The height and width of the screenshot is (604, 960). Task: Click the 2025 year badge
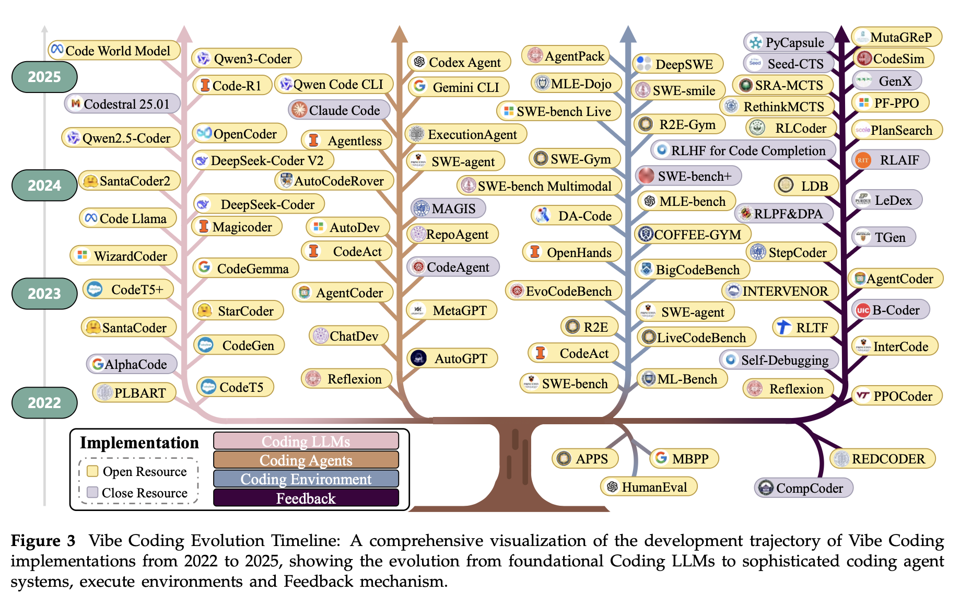coord(44,77)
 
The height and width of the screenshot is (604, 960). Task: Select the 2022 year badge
coord(44,402)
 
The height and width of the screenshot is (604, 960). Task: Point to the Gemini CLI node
coord(459,87)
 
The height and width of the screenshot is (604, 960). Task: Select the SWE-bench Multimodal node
coord(540,186)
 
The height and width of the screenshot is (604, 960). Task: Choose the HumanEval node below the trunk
coord(649,487)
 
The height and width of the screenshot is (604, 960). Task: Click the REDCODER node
coord(882,459)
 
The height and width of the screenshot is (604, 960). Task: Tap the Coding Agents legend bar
coord(306,460)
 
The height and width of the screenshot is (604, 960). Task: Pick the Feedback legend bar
coord(306,498)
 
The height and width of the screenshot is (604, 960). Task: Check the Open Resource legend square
coord(93,471)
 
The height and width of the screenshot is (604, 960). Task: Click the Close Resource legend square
coord(93,492)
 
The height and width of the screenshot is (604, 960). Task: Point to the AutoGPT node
coord(452,358)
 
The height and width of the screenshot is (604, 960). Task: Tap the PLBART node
coord(134,392)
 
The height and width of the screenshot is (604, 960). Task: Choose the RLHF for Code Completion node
coord(743,150)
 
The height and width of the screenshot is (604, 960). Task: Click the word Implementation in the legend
coord(139,443)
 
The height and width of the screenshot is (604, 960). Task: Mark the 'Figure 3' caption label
coord(43,540)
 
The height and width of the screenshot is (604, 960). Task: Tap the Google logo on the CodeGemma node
coord(204,268)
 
